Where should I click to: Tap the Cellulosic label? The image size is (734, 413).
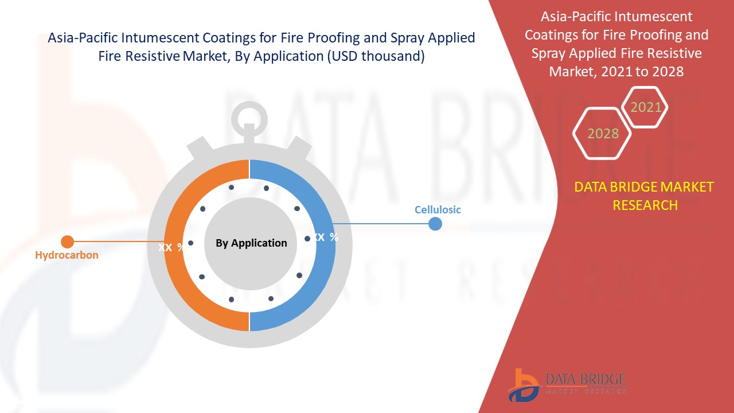pos(438,210)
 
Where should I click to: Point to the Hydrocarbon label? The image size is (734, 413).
pos(67,255)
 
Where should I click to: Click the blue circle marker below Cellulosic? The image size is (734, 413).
pos(435,224)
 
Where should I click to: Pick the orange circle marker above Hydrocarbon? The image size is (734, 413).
pos(68,242)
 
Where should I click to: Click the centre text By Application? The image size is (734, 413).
pos(251,243)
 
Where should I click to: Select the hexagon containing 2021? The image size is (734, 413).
pos(645,107)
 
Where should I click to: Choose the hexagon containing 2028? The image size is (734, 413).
pos(602,134)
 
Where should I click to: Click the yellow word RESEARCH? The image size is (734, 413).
pos(645,205)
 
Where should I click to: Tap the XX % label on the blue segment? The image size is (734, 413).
pos(325,237)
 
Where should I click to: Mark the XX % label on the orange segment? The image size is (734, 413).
pos(171,247)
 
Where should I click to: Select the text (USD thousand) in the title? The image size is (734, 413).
pos(376,56)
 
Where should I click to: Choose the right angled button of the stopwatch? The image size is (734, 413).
pos(299,147)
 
